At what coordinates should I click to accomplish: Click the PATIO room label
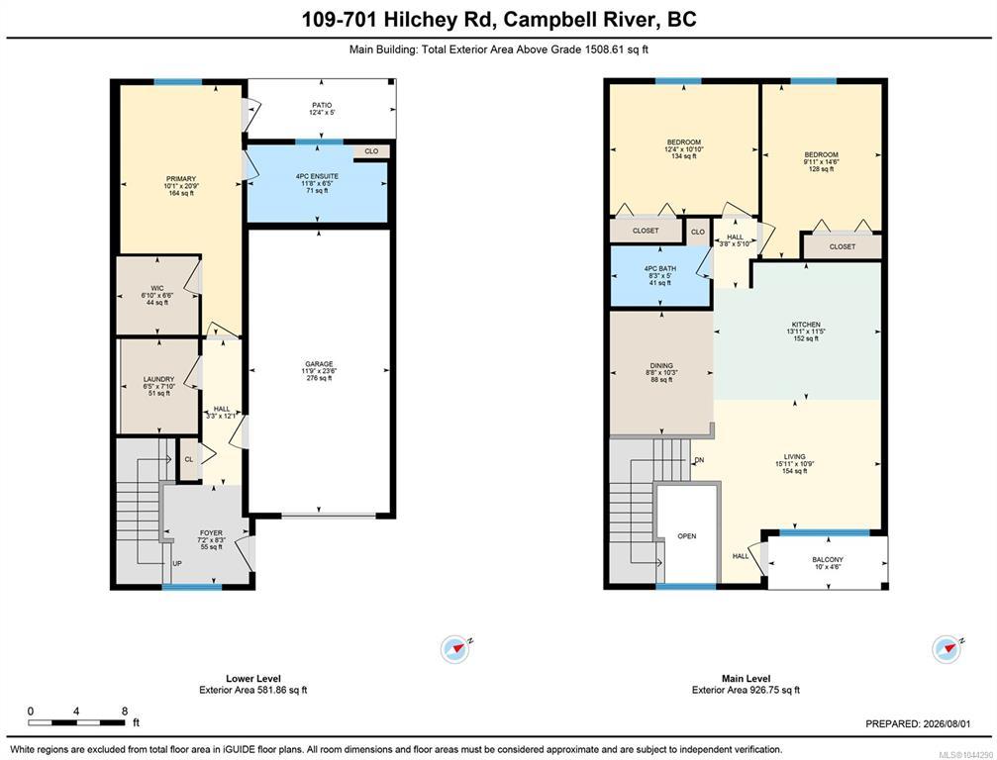coord(322,106)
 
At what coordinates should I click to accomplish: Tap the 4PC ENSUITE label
coord(317,176)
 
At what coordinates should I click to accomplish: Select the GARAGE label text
coord(319,364)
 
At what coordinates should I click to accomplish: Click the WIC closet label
coord(157,289)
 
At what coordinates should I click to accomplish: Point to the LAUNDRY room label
coord(158,379)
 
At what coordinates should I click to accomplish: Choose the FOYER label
coord(211,533)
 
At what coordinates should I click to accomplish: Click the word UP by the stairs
coord(177,564)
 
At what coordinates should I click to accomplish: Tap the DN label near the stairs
coord(699,460)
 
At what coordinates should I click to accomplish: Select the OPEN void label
coord(687,536)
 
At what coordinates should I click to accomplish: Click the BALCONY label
coord(828,560)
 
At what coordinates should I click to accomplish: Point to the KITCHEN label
coord(806,325)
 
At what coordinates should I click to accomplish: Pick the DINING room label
coord(661,365)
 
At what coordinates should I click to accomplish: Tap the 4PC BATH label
coord(660,269)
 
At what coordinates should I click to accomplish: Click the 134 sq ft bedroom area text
coord(683,156)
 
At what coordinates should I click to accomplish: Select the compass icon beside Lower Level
coord(455,649)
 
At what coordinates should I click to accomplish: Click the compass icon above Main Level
coord(947,649)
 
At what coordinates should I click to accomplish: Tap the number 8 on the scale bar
coord(125,712)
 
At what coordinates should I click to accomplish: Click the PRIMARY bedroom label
coord(181,179)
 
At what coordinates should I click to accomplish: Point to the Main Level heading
coord(746,679)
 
